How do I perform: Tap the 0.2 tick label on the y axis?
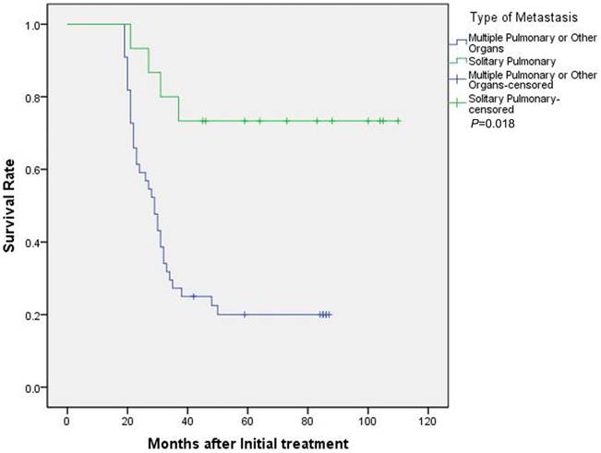pos(33,315)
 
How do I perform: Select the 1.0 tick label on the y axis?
pos(33,24)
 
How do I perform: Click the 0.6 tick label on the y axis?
pos(33,170)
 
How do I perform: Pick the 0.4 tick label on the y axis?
pos(33,243)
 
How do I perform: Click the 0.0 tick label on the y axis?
pos(33,387)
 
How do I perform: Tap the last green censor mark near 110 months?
pos(398,121)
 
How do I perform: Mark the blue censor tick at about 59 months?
pos(245,315)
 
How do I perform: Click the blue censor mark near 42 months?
pos(193,296)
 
